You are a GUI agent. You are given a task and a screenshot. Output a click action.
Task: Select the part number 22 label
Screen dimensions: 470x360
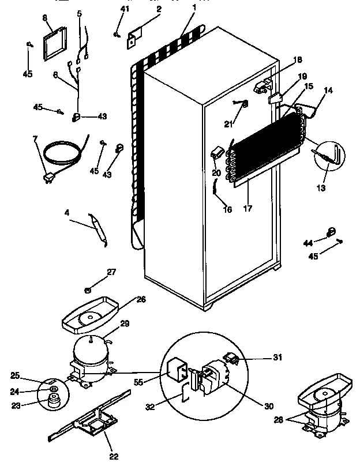tap(114, 457)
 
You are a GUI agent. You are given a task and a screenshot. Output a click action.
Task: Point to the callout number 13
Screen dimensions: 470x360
tap(321, 188)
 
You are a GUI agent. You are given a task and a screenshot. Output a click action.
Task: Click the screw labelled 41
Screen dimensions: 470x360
tap(118, 35)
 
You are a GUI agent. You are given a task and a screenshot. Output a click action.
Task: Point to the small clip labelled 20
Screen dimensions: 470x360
tap(217, 152)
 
